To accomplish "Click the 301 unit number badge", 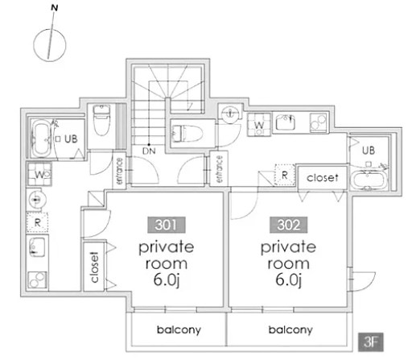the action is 167,225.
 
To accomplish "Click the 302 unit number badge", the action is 288,225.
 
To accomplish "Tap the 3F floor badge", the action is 371,342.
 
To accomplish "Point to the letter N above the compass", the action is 55,8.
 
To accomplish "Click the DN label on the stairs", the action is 149,151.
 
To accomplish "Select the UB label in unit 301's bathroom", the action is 71,139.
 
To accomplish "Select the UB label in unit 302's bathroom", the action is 369,151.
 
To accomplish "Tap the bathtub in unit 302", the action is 369,180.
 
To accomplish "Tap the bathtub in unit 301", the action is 41,139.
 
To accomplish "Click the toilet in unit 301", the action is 101,120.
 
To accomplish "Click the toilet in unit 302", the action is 188,133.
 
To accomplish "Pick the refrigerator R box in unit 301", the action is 37,222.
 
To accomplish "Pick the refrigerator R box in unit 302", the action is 285,176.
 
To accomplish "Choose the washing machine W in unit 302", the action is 259,125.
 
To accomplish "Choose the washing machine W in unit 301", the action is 39,174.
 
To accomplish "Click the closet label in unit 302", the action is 323,177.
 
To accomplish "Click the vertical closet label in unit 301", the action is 94,267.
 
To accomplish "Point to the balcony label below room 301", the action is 179,330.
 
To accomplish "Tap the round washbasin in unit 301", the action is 37,199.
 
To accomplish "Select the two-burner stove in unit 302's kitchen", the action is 319,122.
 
